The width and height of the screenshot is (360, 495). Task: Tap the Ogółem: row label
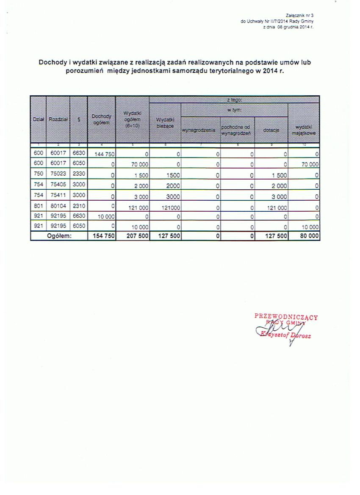pyautogui.click(x=59, y=236)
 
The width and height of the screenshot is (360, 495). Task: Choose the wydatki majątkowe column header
pyautogui.click(x=304, y=130)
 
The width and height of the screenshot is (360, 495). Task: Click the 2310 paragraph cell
pyautogui.click(x=78, y=206)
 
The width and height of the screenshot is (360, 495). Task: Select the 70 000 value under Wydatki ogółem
pyautogui.click(x=138, y=165)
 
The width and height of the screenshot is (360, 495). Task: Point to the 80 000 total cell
pyautogui.click(x=309, y=236)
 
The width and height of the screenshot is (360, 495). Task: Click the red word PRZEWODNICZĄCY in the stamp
pyautogui.click(x=286, y=316)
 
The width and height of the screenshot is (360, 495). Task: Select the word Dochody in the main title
pyautogui.click(x=52, y=63)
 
